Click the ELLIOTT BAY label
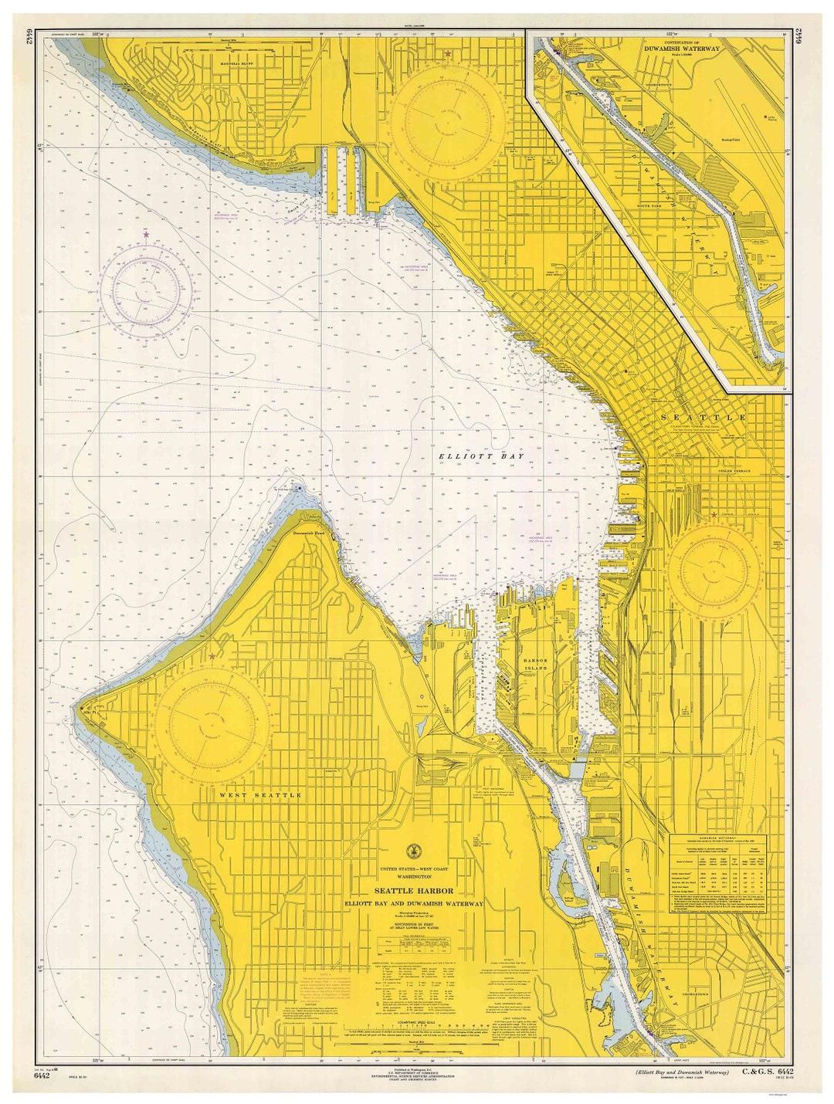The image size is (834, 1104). click(480, 456)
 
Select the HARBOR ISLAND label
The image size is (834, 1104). click(534, 664)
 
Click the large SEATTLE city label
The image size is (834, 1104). click(703, 417)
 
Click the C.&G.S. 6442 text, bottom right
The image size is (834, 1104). click(768, 1072)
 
